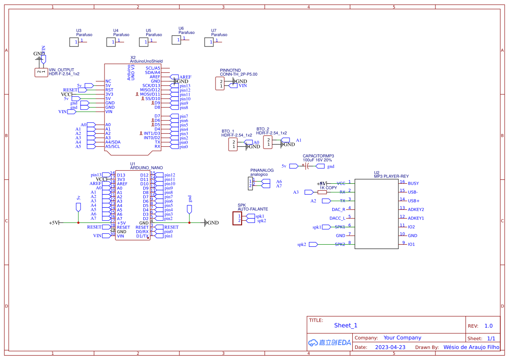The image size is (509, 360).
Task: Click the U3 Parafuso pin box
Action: point(74,42)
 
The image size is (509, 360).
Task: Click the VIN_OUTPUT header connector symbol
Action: point(41,72)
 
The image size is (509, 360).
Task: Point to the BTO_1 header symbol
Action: point(234,145)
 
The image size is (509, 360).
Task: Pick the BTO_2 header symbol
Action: point(269,142)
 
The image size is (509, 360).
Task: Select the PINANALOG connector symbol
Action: point(250,184)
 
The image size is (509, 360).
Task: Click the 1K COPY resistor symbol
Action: point(322,192)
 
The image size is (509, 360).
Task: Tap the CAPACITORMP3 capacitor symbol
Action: point(307,166)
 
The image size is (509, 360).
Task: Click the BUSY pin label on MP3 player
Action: point(413,183)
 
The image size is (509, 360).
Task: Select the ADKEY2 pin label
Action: point(416,209)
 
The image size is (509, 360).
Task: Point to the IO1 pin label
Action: point(411,244)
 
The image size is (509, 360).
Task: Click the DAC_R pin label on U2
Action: point(338,209)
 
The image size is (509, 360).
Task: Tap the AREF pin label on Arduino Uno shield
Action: point(155,77)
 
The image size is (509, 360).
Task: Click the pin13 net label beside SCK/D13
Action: point(185,86)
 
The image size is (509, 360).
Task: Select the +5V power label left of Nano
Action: point(54,222)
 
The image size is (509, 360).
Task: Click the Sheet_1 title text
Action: point(346,325)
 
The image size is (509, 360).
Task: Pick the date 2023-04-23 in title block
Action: point(390,347)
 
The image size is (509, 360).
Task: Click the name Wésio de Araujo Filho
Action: point(471,347)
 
